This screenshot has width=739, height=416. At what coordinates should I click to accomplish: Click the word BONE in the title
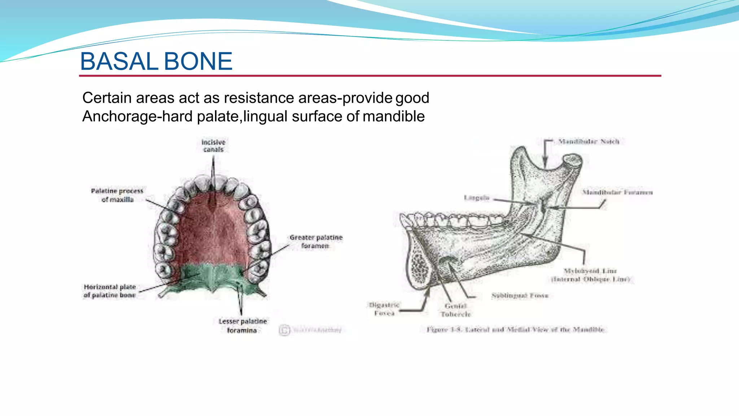(x=198, y=61)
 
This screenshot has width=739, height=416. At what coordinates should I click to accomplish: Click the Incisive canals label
(x=213, y=146)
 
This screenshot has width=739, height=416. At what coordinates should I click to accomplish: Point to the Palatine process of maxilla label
(x=117, y=195)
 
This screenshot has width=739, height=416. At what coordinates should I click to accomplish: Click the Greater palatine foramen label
(x=316, y=241)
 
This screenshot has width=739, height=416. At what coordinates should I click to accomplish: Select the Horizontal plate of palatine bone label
(x=110, y=291)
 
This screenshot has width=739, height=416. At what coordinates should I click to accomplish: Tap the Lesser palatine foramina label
(x=242, y=325)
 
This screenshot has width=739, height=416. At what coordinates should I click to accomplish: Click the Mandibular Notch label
(x=589, y=142)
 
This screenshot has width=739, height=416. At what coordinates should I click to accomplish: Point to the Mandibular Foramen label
(x=617, y=192)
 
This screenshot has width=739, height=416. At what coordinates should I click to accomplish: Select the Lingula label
(x=476, y=198)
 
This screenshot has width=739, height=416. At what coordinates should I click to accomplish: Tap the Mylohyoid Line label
(x=590, y=275)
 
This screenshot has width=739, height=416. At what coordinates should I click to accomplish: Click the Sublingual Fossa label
(x=520, y=295)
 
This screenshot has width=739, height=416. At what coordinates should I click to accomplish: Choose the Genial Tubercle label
(x=456, y=310)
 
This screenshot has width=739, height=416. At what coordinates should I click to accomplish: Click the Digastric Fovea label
(x=384, y=309)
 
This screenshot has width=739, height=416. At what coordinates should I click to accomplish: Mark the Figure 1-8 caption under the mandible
(x=515, y=329)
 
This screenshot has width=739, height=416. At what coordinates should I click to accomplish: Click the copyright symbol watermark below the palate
(x=284, y=330)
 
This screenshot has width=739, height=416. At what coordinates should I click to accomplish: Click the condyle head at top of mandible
(x=573, y=160)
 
